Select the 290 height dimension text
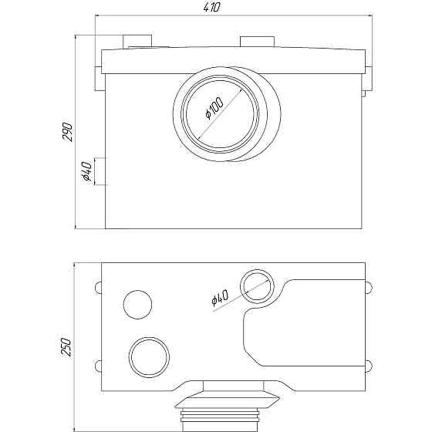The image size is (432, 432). (x=68, y=131)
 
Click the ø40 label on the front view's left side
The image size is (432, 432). (x=86, y=170)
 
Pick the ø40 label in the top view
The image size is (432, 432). (x=221, y=298)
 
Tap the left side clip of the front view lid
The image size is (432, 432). (x=99, y=78)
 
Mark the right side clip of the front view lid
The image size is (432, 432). (x=368, y=78)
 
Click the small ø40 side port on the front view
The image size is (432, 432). (x=100, y=170)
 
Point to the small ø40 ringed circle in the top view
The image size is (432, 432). (x=255, y=287)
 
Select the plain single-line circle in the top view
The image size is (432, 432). (x=139, y=304)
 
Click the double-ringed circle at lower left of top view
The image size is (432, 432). (x=148, y=356)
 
